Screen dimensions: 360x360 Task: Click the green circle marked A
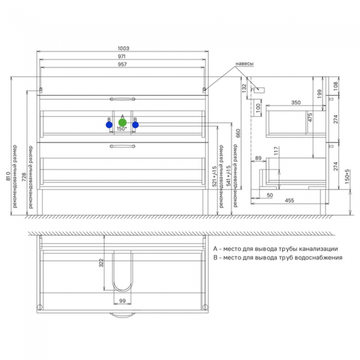point(122,122)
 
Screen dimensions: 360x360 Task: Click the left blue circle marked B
point(109,125)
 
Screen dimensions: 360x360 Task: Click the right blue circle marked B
point(136,125)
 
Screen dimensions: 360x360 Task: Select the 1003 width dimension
point(124,48)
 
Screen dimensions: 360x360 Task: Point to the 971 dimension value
point(122,56)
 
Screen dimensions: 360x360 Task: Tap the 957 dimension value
point(122,64)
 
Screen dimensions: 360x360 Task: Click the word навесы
point(244,64)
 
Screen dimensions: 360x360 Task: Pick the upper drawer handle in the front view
point(122,99)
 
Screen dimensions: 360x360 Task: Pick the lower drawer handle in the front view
point(122,146)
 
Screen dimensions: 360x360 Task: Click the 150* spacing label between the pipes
point(122,129)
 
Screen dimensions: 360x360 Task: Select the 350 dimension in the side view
point(296,102)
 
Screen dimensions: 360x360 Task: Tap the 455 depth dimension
point(290,200)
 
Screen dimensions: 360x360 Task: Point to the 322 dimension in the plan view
point(101,263)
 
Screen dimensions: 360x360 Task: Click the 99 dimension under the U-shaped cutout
point(122,301)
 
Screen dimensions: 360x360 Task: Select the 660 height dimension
point(238,133)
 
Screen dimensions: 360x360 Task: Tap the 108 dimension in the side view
point(336,86)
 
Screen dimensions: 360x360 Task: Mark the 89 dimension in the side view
point(258,158)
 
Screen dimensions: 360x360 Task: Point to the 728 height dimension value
point(24,177)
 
